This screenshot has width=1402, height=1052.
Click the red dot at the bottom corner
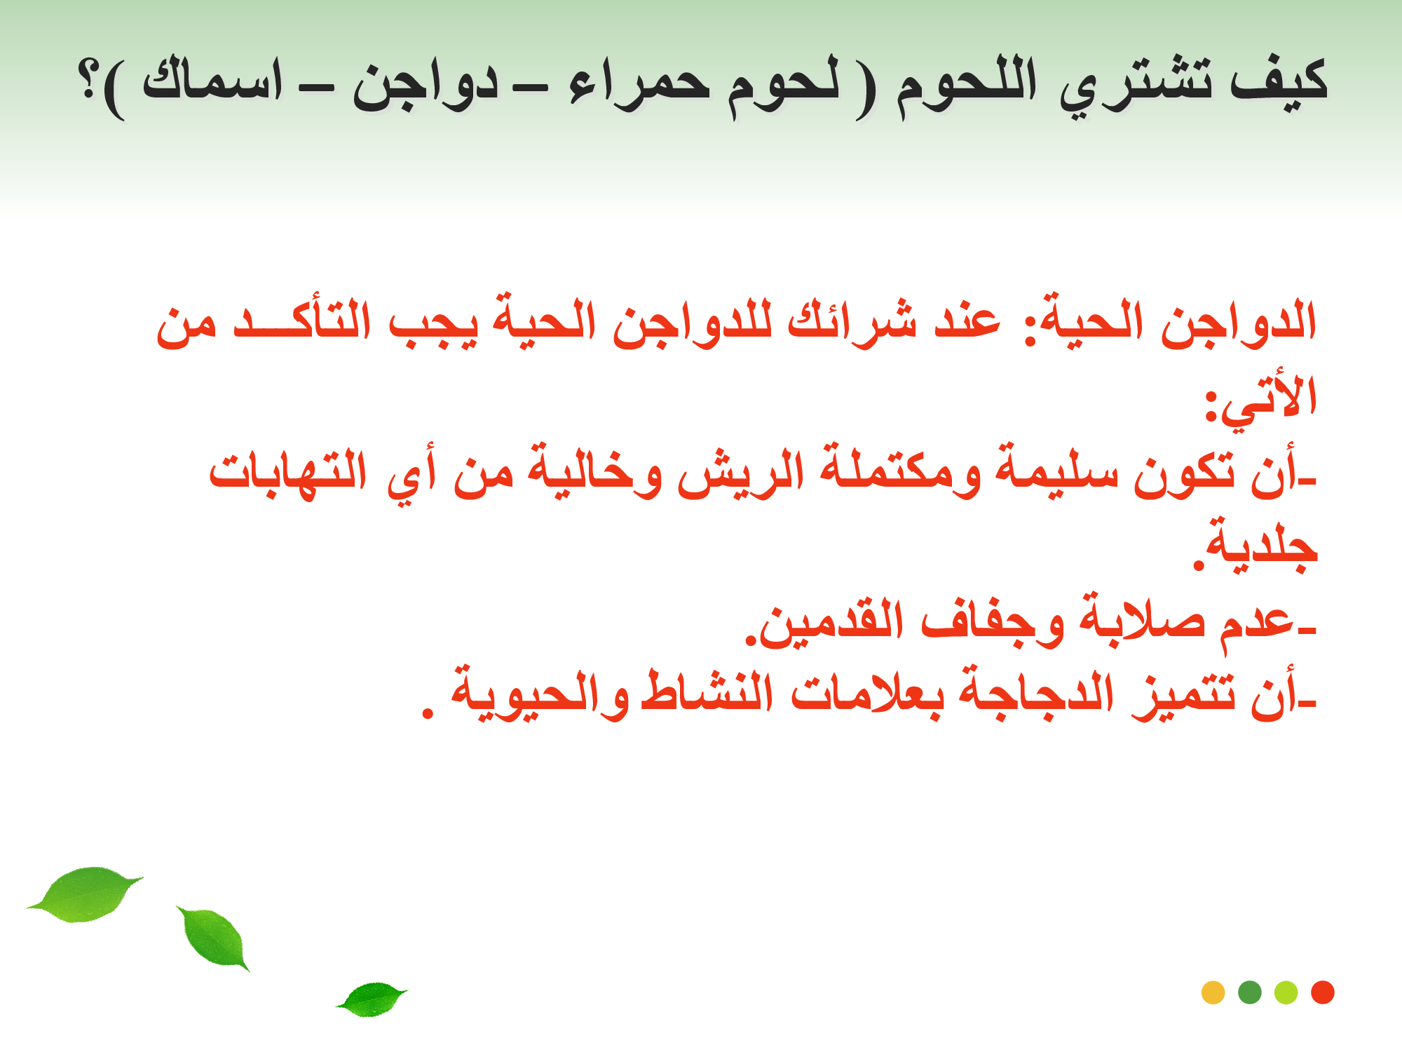click(1322, 992)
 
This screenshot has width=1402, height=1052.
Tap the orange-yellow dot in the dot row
click(1213, 992)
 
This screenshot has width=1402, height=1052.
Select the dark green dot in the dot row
click(1250, 992)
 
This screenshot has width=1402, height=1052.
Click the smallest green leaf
click(372, 999)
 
